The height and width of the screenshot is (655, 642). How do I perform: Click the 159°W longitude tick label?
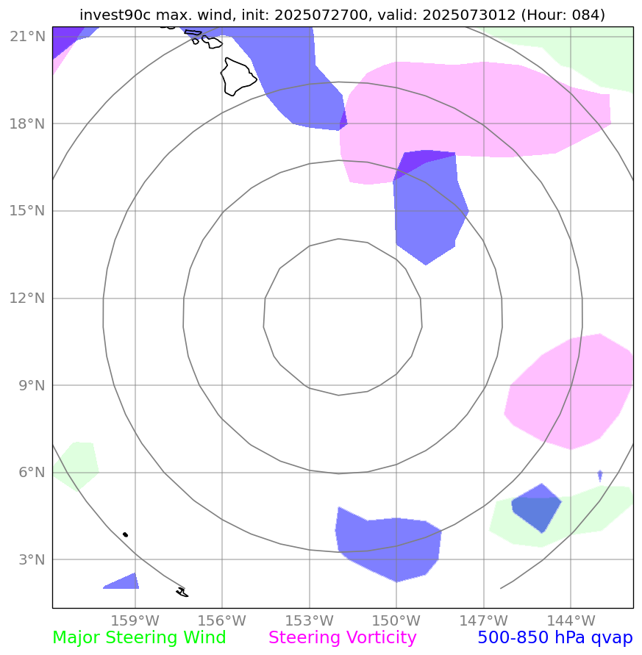(135, 620)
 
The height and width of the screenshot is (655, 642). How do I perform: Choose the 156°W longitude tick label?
(222, 620)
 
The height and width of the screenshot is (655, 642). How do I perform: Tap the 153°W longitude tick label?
(310, 620)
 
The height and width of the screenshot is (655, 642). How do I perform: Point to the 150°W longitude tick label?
(396, 620)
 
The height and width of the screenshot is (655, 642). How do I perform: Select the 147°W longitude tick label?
(483, 620)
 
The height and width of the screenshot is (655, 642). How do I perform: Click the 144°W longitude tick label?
(571, 620)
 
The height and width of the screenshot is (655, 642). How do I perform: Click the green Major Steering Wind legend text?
(139, 638)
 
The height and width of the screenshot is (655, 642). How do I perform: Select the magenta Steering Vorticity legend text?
(343, 638)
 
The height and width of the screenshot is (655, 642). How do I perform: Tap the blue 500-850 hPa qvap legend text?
(555, 638)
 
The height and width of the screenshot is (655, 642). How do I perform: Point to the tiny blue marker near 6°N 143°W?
(600, 475)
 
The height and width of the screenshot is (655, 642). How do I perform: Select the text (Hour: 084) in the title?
(563, 15)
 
